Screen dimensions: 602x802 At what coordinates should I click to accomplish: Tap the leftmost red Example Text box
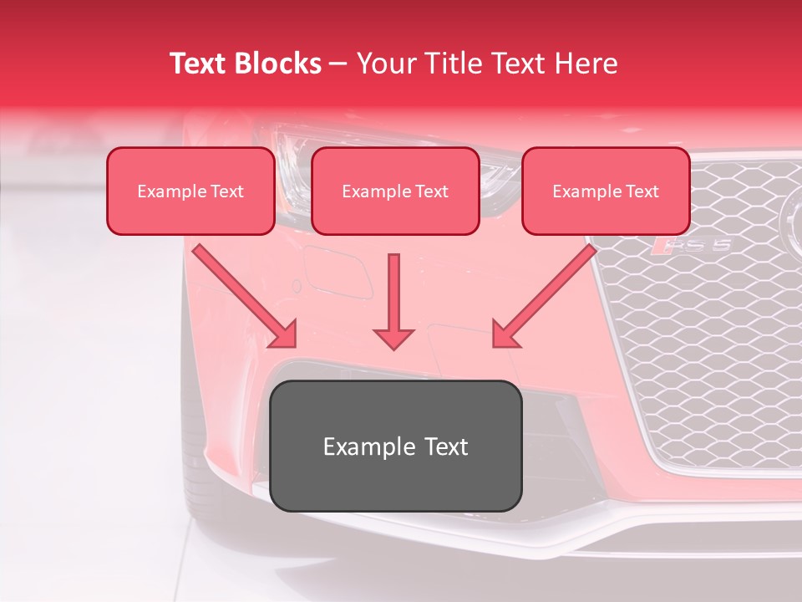coord(190,191)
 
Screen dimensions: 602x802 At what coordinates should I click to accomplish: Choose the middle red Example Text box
coord(395,191)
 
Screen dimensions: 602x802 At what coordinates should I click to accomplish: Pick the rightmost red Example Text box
coord(606,191)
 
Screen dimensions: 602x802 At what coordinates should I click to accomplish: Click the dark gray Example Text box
coord(396,446)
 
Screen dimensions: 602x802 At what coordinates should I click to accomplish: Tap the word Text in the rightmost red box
coord(642,191)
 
